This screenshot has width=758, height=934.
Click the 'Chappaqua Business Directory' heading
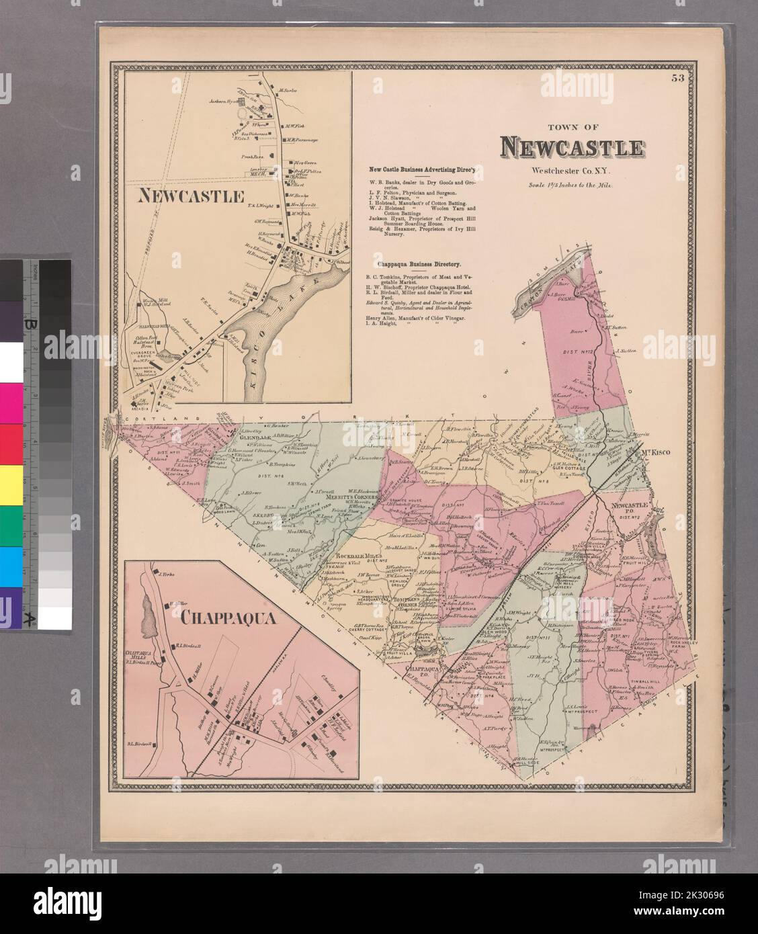413,265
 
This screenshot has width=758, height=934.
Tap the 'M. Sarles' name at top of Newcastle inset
288,89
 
